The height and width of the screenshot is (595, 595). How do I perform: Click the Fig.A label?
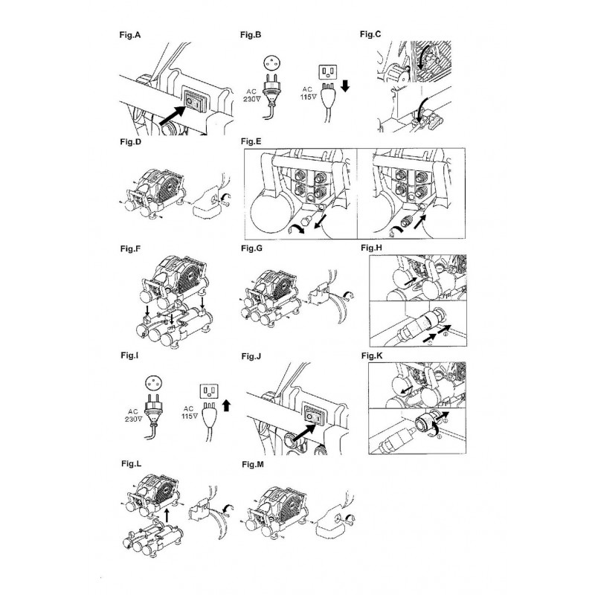coord(129,35)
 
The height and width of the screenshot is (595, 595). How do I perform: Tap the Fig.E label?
coord(251,141)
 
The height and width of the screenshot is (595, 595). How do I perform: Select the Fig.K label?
coord(372,356)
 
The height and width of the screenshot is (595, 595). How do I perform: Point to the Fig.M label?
coord(253,464)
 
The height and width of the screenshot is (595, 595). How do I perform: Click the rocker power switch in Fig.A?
coord(195,100)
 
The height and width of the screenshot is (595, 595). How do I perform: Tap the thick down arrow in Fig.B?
coord(345,86)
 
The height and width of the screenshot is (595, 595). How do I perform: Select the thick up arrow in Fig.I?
coord(226,405)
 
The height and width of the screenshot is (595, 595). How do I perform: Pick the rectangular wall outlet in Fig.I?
coord(210,390)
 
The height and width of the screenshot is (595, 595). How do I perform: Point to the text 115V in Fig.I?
coord(190,416)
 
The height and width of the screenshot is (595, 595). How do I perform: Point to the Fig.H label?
coord(371,248)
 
